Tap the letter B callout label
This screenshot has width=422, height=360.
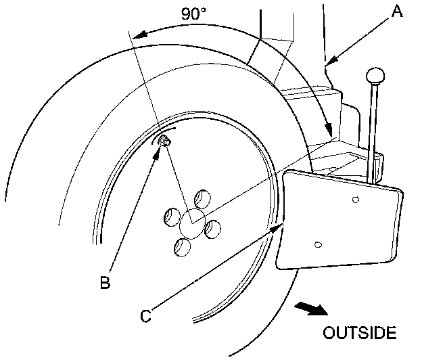coord(105,282)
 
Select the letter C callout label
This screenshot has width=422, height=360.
coord(146,315)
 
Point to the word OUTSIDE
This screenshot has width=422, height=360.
coord(358,333)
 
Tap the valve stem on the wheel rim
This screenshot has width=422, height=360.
coord(164,141)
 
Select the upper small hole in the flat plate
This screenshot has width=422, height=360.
coord(356,200)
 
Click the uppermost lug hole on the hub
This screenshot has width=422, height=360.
coord(201,199)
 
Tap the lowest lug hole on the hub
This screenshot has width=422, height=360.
coord(181,248)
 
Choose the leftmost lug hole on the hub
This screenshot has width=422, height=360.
coord(170,217)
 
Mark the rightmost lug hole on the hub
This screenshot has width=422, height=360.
coord(212,229)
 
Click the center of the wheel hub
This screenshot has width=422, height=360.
coord(191,223)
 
